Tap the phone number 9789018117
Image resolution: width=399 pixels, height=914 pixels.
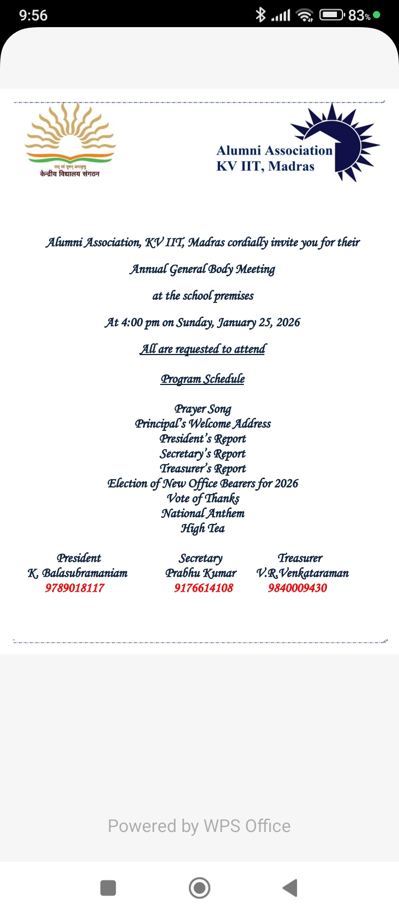(x=75, y=588)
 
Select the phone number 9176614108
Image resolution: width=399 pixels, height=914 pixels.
(x=203, y=588)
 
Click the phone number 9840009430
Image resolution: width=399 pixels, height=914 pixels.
(x=298, y=588)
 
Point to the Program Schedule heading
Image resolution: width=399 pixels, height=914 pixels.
(x=203, y=379)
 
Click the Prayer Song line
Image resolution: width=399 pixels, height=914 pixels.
(x=203, y=409)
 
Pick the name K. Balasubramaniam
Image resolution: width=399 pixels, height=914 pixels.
(x=78, y=573)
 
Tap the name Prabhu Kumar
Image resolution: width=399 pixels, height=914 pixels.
(x=201, y=573)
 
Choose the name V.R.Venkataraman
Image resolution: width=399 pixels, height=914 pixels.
(x=303, y=573)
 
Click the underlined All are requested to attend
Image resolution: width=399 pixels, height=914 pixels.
(x=203, y=350)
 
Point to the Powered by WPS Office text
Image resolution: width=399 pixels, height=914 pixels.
(x=199, y=826)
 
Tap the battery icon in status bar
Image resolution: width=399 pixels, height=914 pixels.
(x=331, y=15)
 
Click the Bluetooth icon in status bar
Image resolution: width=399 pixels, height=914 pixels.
(x=260, y=15)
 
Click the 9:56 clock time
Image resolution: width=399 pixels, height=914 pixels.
(x=33, y=16)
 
